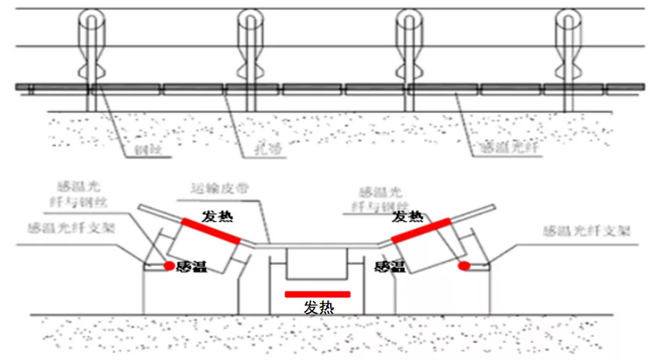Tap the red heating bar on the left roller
click(x=211, y=230)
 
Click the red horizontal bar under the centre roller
click(x=317, y=294)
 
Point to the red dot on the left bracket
click(x=170, y=265)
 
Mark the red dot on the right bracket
click(x=464, y=265)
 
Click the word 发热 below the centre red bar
click(x=318, y=308)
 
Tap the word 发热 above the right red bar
click(x=408, y=217)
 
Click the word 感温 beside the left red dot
click(x=192, y=266)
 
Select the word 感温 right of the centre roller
click(x=389, y=266)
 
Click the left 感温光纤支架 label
click(x=66, y=229)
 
